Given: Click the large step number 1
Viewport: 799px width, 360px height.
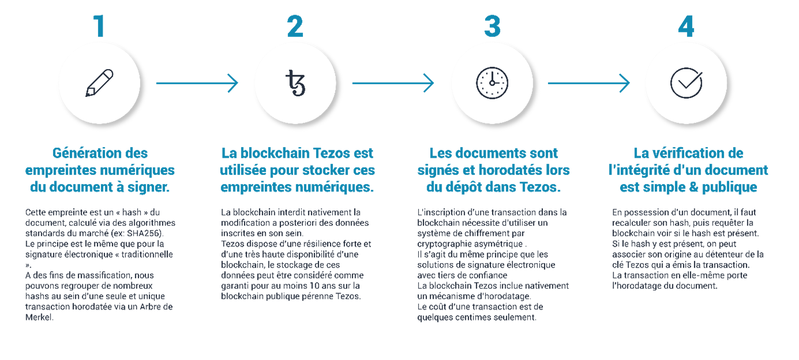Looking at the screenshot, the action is tap(99, 26).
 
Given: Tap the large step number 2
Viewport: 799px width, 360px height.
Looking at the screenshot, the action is tap(295, 26).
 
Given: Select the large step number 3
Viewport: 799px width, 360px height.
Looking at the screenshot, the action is tap(492, 26).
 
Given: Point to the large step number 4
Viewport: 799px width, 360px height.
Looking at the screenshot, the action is tap(687, 26).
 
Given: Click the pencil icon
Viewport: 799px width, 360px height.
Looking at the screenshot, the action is tap(99, 82).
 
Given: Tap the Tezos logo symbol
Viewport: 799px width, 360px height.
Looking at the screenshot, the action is tap(295, 83).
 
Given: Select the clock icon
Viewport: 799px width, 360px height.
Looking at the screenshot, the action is tap(492, 82).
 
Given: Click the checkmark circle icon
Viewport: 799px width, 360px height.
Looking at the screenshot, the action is tap(687, 82).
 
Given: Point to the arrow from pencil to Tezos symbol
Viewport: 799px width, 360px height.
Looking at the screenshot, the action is tap(197, 83).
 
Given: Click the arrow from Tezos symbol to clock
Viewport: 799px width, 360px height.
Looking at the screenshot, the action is tap(393, 83).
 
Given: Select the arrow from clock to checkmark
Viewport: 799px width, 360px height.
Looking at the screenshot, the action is tap(589, 83).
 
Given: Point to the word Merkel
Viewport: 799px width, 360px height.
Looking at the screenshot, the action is tap(39, 317).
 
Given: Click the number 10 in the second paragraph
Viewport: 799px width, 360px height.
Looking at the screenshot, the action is tap(314, 286).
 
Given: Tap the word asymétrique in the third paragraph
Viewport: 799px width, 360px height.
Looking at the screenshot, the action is tap(503, 244).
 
